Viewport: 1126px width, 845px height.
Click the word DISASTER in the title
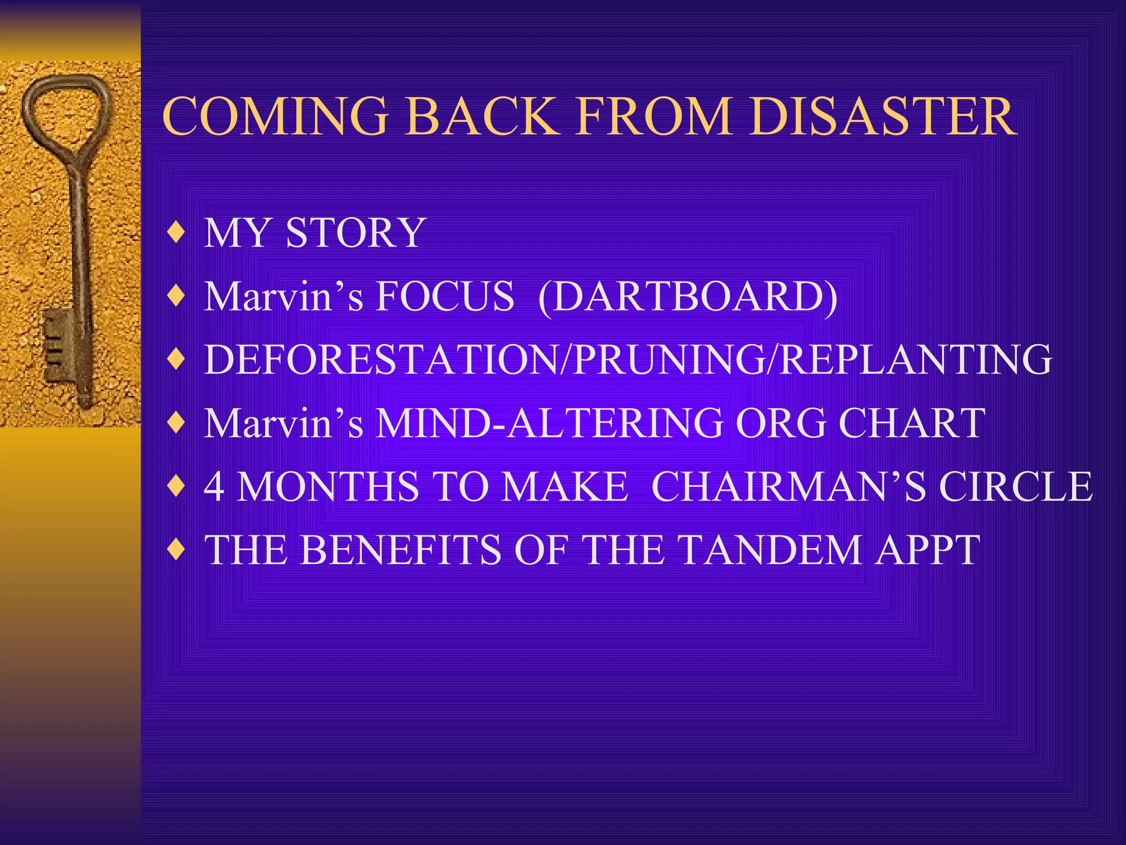click(x=883, y=117)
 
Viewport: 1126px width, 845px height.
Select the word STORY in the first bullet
click(x=355, y=233)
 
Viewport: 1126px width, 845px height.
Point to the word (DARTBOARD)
click(x=688, y=297)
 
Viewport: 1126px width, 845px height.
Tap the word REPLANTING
click(x=915, y=360)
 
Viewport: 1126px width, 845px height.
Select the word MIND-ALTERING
click(x=549, y=423)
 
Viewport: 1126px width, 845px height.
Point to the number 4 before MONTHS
click(x=214, y=487)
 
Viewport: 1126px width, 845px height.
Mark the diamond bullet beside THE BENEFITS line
click(x=176, y=550)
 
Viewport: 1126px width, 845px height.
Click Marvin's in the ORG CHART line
click(x=284, y=423)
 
